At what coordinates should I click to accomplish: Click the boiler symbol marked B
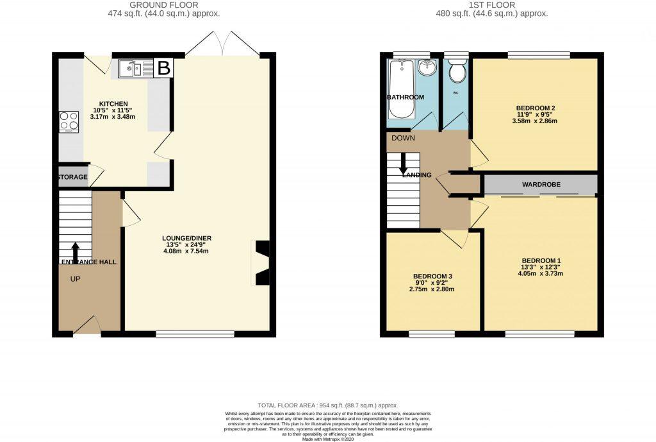(164, 68)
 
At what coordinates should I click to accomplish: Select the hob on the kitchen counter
(69, 121)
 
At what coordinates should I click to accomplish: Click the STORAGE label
(72, 176)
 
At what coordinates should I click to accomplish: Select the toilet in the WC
(457, 71)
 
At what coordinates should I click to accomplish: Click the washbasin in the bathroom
(427, 68)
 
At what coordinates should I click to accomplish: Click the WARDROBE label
(541, 185)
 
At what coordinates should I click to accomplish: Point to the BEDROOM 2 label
(535, 107)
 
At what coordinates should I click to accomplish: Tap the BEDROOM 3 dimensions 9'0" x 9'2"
(433, 283)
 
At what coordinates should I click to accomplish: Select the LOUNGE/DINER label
(186, 238)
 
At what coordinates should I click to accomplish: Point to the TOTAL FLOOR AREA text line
(327, 405)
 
